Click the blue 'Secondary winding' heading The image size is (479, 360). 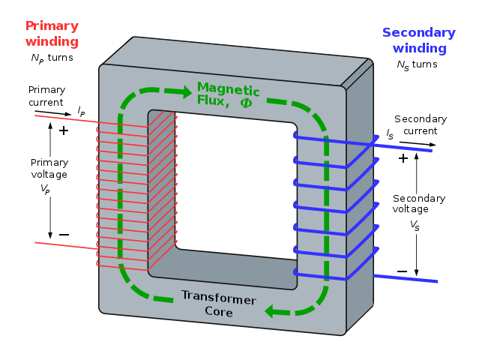click(x=418, y=40)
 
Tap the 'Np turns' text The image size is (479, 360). click(x=52, y=58)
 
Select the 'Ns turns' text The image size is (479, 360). click(x=417, y=64)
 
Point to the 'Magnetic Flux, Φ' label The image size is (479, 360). click(x=228, y=95)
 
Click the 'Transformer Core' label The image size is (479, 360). click(x=218, y=303)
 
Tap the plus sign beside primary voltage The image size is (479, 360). click(x=64, y=130)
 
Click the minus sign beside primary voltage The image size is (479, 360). click(x=64, y=235)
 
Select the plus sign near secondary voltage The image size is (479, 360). click(x=403, y=158)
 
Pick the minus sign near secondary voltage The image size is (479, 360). click(x=403, y=271)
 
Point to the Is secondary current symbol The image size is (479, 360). click(x=390, y=133)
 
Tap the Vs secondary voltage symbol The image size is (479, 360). click(x=415, y=224)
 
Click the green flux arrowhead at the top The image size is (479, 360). click(x=184, y=92)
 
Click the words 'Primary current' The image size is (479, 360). click(x=46, y=95)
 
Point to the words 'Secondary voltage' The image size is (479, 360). click(x=419, y=204)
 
